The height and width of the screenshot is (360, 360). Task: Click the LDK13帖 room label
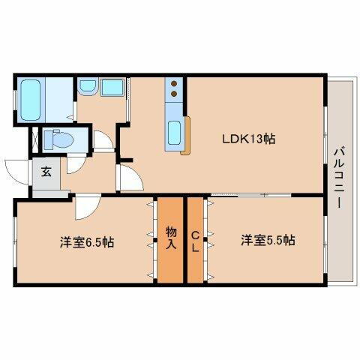247,139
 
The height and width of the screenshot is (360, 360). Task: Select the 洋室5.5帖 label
268,241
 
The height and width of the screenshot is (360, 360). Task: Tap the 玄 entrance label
46,171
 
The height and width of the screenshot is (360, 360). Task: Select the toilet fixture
54,139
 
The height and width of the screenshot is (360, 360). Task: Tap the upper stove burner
174,84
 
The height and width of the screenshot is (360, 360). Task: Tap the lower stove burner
174,95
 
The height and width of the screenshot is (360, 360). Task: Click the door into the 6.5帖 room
85,201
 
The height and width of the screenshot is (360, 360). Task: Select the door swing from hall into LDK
129,180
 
